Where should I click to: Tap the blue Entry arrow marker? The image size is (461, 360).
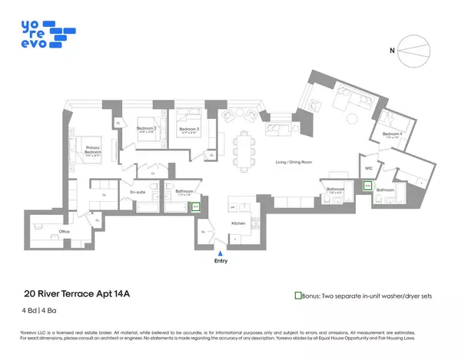coord(221,253)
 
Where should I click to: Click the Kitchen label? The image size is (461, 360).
coord(238,223)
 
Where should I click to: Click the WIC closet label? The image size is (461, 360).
coord(368,168)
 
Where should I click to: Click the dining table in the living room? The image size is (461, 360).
coord(244,145)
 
